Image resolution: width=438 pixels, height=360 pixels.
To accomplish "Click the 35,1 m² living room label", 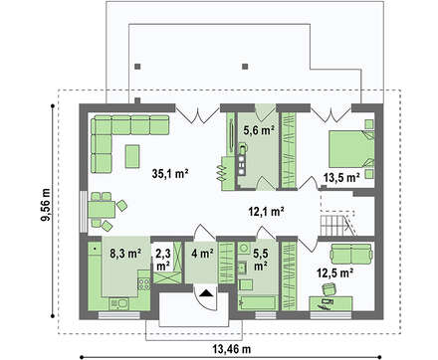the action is [x=170, y=174].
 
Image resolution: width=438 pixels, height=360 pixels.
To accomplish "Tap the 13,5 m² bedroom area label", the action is [x=341, y=178].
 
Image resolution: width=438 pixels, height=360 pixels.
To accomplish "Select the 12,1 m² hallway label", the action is [x=266, y=212].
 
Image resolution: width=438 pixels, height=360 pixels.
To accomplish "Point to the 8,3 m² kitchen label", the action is [x=125, y=254].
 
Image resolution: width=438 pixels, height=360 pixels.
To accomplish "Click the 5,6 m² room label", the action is [x=259, y=131].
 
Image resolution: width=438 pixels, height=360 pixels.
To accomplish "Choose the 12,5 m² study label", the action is [x=334, y=273].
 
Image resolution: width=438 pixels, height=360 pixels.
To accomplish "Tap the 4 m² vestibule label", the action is [x=202, y=254].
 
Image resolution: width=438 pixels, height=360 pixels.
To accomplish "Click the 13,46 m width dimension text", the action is [x=232, y=349].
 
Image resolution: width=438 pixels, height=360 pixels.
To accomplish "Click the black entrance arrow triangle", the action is [x=206, y=293].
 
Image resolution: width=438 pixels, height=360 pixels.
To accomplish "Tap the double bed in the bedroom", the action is [x=351, y=149].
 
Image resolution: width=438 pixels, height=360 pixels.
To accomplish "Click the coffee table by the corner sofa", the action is [x=132, y=156].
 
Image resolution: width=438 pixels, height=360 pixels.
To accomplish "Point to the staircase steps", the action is [x=336, y=226].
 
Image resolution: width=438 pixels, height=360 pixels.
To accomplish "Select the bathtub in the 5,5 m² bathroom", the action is [x=257, y=302].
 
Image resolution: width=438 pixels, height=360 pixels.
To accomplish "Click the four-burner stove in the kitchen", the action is [x=144, y=283].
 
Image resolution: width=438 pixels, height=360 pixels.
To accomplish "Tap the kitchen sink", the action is [x=119, y=303].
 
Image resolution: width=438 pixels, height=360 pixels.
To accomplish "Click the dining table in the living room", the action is [x=102, y=209].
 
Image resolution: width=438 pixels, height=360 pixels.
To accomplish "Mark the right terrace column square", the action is [x=245, y=67].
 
